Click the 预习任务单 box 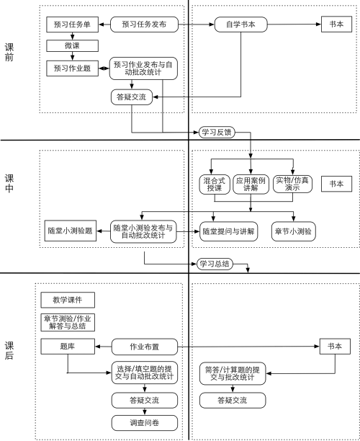pos(72,24)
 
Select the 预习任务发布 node pos(144,24)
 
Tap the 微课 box pos(72,45)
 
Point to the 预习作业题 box pos(72,68)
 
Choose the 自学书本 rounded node pos(241,24)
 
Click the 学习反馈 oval pos(217,132)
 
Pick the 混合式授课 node pos(215,184)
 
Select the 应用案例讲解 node pos(251,184)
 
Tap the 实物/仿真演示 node pos(292,184)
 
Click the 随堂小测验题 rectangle pos(71,231)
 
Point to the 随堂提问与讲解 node pos(228,231)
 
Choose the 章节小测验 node pos(293,231)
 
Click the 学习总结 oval pos(215,264)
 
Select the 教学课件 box pos(68,300)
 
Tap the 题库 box pos(68,346)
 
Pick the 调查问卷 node pos(145,423)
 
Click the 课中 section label pos(9,183)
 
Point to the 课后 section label pos(9,350)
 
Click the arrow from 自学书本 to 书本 pos(294,24)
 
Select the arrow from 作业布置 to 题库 pos(104,347)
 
